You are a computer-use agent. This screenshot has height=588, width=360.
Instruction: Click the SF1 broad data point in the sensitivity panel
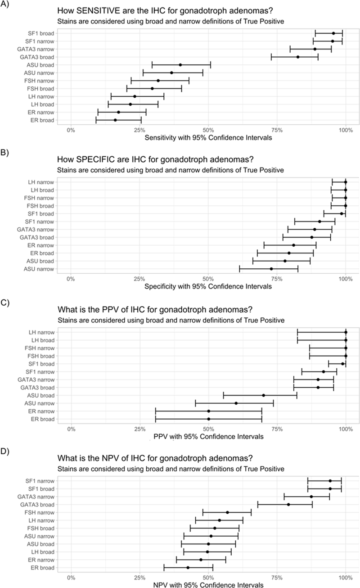[333, 33]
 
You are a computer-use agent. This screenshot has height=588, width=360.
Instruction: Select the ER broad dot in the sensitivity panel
[115, 120]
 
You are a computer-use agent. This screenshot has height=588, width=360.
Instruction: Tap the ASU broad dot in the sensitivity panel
[180, 65]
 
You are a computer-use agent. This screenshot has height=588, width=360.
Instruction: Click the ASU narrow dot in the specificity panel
[271, 269]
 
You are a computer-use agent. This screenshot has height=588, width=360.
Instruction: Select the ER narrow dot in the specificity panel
[293, 245]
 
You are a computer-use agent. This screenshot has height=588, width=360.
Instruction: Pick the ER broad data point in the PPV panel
[208, 419]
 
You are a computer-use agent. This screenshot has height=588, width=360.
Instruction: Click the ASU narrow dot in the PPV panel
[236, 403]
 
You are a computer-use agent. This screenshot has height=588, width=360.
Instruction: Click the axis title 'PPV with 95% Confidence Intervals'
[208, 436]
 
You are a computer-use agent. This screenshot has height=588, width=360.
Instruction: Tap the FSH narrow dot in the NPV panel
[227, 512]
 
